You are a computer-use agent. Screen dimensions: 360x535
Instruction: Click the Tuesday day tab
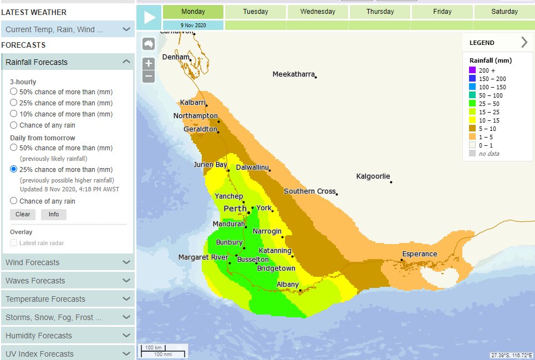click(256, 12)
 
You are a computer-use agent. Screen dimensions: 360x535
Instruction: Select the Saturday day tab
click(504, 12)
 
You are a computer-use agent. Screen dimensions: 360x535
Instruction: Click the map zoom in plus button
click(149, 63)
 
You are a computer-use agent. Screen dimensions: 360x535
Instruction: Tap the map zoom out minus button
click(149, 77)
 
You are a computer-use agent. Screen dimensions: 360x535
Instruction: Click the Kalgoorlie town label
click(373, 176)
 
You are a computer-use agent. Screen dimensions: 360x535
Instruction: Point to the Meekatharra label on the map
click(293, 74)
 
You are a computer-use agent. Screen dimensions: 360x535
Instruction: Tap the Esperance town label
click(420, 254)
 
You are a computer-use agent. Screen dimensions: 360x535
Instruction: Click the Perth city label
click(235, 209)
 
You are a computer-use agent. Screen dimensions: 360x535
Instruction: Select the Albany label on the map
click(288, 285)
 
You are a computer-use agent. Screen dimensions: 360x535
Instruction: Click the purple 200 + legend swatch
click(472, 70)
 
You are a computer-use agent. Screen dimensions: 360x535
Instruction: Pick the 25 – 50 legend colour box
click(472, 104)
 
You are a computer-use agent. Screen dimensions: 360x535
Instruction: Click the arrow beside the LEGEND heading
click(524, 42)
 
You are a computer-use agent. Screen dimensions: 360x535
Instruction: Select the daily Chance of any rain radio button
click(14, 201)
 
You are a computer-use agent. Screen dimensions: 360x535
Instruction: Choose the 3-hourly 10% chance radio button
click(14, 114)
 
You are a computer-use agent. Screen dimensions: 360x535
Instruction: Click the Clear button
click(23, 215)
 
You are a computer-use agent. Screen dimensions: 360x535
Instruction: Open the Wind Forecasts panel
click(67, 262)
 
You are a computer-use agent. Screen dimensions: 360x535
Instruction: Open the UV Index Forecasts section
click(67, 353)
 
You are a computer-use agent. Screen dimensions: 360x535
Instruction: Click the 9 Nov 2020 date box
click(193, 26)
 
